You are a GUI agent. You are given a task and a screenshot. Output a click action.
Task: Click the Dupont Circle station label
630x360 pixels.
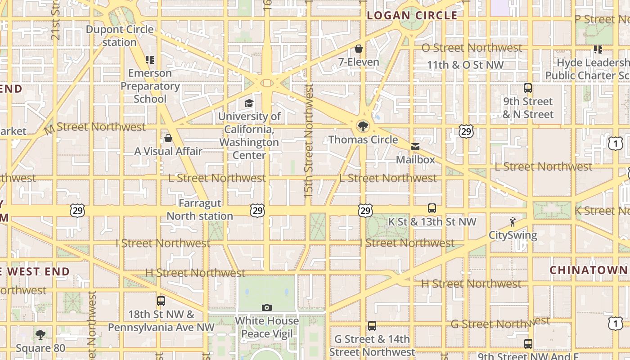119,36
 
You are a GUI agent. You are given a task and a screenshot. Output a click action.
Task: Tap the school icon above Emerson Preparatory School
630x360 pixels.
150,59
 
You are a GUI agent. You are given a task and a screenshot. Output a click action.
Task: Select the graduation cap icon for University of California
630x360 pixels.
249,103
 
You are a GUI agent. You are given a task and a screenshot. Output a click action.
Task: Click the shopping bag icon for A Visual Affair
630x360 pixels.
168,138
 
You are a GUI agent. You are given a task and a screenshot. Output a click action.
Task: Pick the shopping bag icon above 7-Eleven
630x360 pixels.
359,49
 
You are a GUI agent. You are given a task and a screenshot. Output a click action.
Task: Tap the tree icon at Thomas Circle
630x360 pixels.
363,126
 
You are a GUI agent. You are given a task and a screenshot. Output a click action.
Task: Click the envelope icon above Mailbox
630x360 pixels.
415,147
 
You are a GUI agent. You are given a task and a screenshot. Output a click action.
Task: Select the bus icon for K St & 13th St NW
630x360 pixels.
432,208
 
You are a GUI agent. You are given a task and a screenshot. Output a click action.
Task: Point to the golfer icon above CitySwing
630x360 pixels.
513,222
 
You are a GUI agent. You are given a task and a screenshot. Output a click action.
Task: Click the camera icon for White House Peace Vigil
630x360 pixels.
267,308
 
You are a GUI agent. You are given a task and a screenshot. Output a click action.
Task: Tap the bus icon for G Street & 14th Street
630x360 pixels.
372,326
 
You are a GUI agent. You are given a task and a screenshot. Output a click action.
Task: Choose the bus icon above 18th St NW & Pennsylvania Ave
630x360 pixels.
161,301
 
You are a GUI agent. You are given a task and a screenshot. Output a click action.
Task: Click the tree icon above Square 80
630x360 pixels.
40,335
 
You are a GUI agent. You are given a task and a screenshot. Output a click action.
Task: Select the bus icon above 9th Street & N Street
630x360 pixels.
528,88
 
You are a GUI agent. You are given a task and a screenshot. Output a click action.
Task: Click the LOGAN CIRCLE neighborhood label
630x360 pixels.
412,16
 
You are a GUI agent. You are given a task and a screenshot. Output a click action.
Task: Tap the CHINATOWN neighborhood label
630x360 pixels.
589,270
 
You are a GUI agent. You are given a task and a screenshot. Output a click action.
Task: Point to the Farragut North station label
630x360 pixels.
200,210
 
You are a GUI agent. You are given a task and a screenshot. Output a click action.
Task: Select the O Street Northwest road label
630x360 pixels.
472,48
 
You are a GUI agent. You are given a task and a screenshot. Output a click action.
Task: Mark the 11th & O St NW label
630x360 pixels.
465,65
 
